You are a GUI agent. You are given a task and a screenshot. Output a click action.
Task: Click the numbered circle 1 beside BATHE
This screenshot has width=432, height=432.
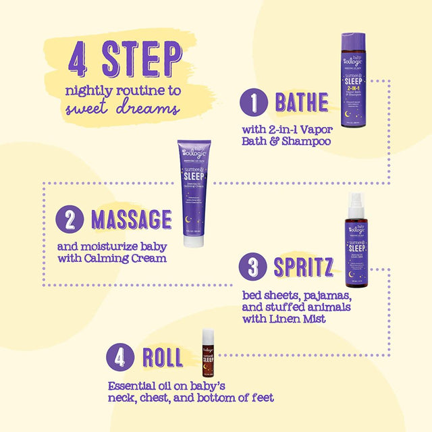click(254, 103)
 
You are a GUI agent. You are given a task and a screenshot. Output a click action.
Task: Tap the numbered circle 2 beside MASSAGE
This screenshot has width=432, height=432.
click(69, 220)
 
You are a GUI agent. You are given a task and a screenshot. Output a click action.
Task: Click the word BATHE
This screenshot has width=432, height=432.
click(301, 103)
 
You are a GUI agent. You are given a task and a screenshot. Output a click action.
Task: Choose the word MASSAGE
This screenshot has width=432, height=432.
click(131, 220)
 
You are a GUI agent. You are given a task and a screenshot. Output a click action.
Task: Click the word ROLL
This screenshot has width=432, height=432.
click(162, 357)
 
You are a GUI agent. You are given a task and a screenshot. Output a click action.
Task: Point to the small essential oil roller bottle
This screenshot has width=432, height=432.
click(209, 352)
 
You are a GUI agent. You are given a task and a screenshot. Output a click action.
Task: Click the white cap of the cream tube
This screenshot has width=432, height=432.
click(194, 240)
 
